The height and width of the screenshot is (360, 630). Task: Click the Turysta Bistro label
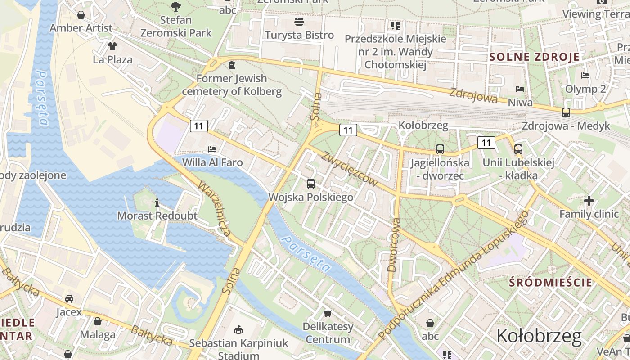[299, 35]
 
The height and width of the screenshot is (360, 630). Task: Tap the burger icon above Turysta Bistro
[299, 22]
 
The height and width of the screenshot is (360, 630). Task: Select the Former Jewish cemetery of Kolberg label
[232, 85]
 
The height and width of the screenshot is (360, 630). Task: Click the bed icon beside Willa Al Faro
[212, 149]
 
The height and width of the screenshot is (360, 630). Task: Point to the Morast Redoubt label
[157, 216]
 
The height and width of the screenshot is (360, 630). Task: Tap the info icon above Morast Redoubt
[157, 203]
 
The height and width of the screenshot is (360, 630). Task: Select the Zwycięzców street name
[349, 168]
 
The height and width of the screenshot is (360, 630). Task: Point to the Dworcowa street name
[393, 245]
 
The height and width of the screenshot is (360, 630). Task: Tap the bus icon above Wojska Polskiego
[310, 184]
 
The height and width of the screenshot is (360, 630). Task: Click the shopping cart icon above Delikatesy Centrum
[328, 313]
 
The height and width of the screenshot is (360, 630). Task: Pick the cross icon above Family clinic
[589, 201]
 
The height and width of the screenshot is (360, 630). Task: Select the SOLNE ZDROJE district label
[535, 57]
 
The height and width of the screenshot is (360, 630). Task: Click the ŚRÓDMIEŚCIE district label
[550, 283]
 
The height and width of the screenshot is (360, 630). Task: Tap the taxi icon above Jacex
[69, 298]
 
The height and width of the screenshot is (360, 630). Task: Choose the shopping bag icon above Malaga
[98, 321]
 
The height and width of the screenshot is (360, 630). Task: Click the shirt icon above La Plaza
[112, 46]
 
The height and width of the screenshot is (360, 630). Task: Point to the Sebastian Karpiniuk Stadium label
[238, 349]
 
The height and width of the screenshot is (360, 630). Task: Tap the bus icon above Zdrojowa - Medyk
[566, 112]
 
